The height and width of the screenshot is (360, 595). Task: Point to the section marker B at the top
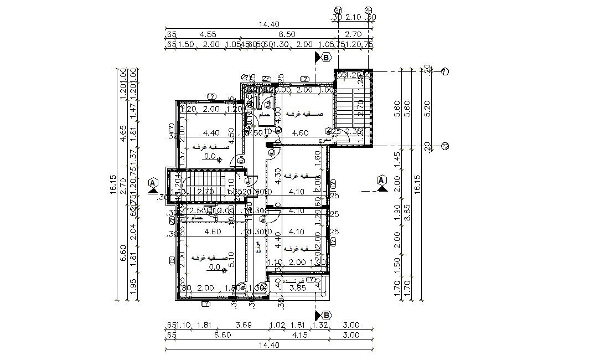tap(326, 57)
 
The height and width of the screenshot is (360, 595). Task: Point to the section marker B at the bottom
tap(326, 315)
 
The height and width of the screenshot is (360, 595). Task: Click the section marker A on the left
tap(152, 182)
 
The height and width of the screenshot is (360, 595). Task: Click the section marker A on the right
tap(381, 180)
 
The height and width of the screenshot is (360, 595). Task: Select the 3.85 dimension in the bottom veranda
tap(299, 288)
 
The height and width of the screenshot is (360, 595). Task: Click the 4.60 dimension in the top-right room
tap(299, 133)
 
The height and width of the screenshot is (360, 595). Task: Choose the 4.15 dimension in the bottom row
tap(299, 335)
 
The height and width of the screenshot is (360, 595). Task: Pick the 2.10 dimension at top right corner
tap(354, 18)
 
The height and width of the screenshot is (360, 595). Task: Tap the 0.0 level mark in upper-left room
tap(210, 157)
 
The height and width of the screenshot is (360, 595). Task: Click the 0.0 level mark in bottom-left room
tap(214, 267)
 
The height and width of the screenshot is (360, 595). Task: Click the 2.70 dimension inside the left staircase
tap(206, 192)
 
